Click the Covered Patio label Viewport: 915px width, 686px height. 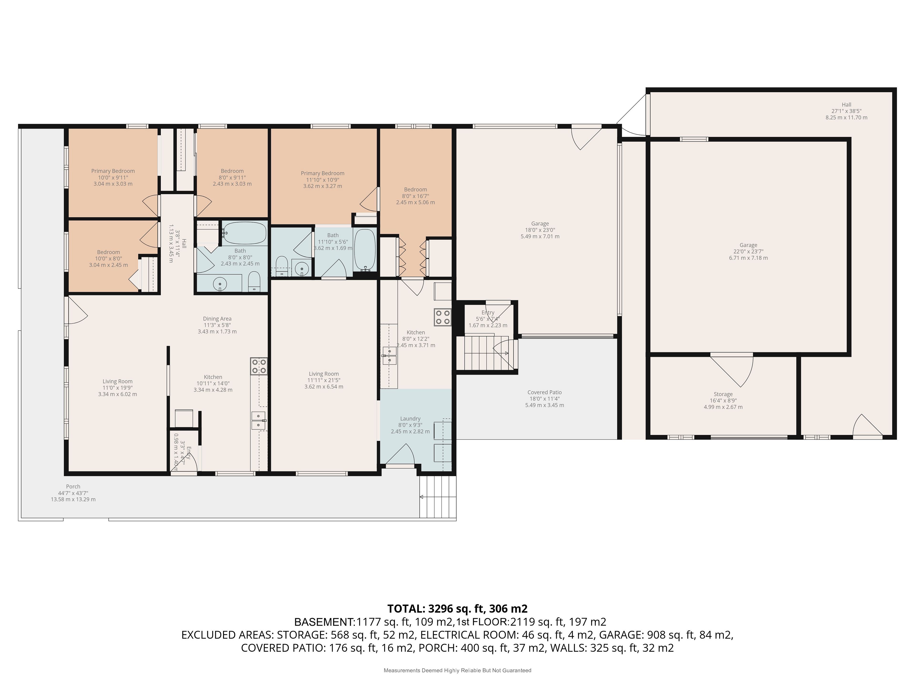(x=544, y=392)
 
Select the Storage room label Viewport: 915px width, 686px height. (x=723, y=394)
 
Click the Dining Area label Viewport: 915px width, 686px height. (x=217, y=318)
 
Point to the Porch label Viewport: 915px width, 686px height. (x=73, y=486)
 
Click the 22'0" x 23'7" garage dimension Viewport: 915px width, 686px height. (x=748, y=251)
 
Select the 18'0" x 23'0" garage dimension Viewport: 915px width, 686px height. (x=540, y=230)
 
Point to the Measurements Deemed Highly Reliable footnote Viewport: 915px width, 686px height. (x=457, y=670)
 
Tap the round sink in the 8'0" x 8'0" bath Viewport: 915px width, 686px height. (x=220, y=284)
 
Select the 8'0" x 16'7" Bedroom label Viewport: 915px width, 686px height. (x=415, y=196)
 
